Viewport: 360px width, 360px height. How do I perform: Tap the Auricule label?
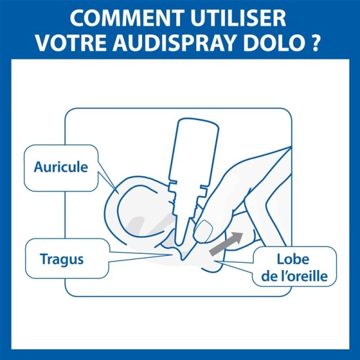point(61,167)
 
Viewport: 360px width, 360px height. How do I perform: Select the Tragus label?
point(61,260)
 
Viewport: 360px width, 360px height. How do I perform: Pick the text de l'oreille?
point(294,277)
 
